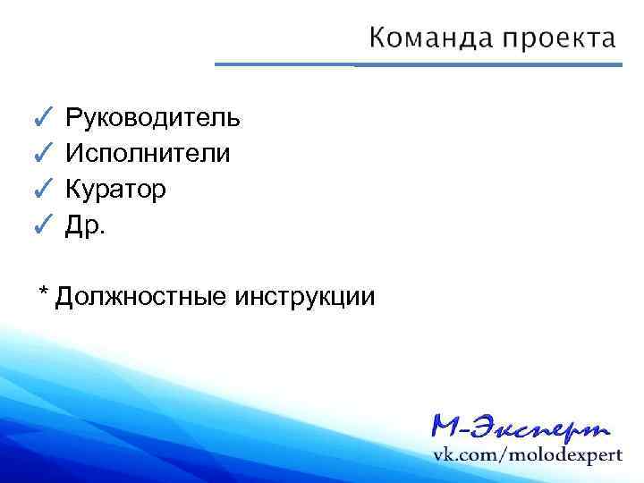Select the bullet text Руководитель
(x=152, y=117)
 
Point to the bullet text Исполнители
(x=148, y=154)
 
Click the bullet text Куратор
(x=114, y=190)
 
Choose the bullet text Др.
(x=85, y=226)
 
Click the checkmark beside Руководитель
(x=43, y=117)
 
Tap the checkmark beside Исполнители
(x=43, y=154)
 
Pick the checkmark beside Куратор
(x=43, y=190)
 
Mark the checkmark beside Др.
(x=43, y=225)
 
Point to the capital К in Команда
(x=377, y=38)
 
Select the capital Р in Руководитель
(x=73, y=117)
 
